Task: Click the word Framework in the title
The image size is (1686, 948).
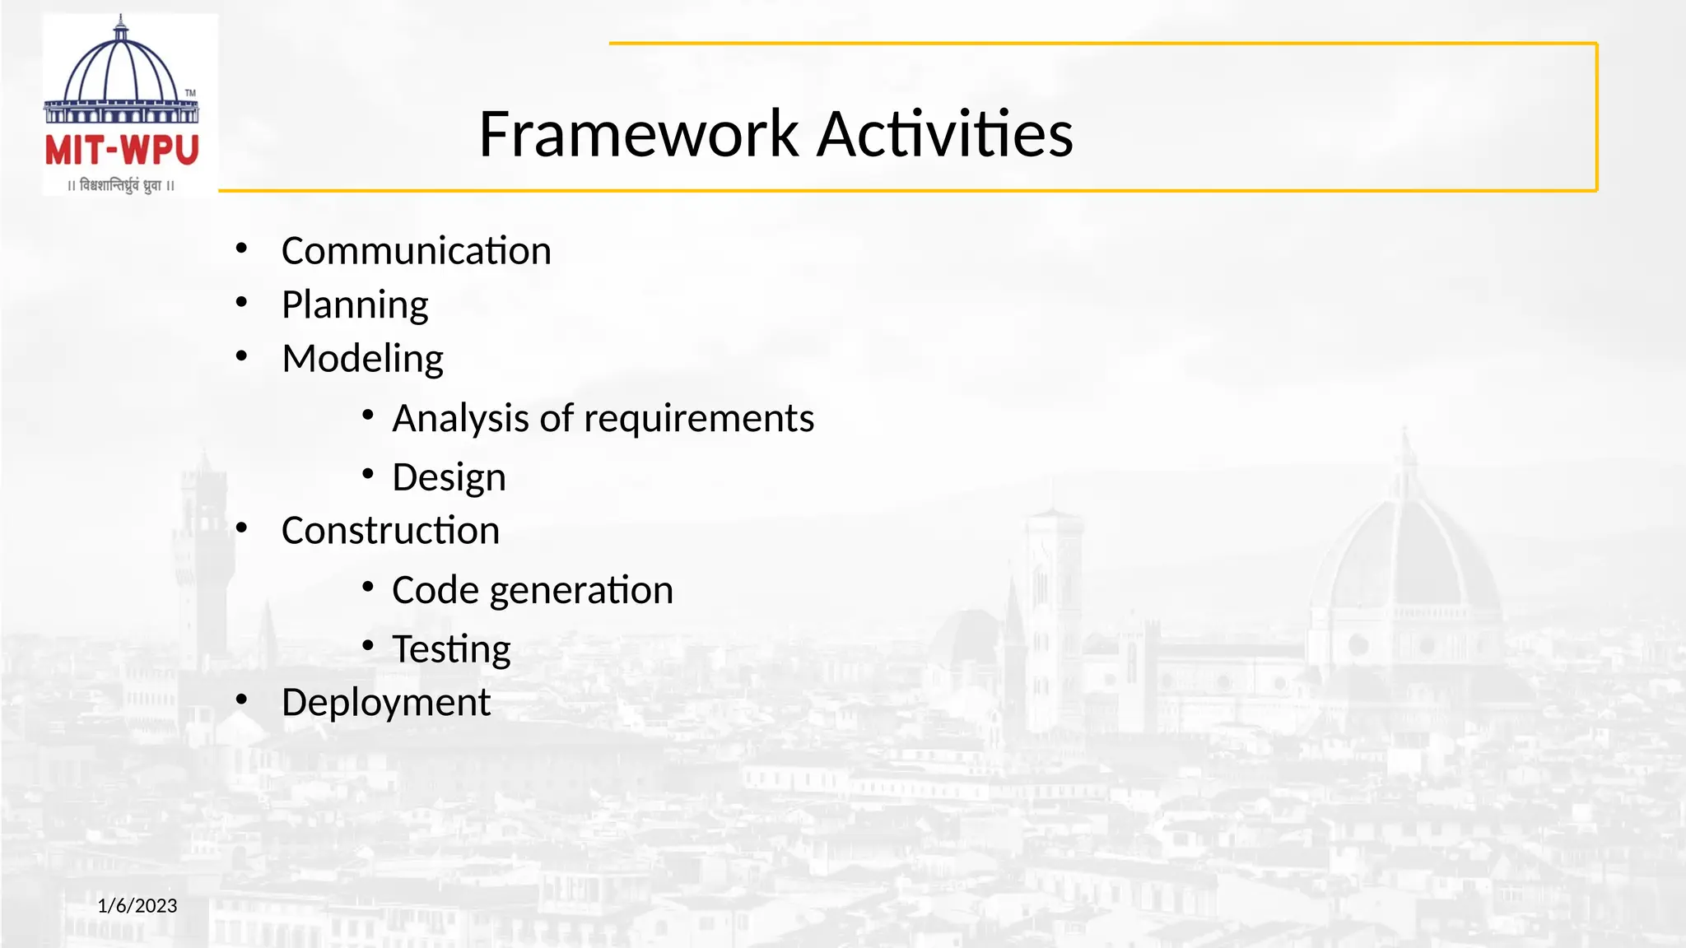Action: tap(638, 134)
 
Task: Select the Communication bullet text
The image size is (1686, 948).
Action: tap(416, 251)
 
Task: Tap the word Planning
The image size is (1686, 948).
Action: tap(355, 305)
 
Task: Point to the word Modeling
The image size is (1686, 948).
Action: tap(362, 359)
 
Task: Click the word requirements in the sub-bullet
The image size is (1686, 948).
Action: tap(699, 419)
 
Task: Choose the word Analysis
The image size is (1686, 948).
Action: tap(460, 418)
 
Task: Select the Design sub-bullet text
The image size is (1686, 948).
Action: tap(449, 478)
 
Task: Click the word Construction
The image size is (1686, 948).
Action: tap(390, 531)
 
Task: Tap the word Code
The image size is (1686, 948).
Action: tap(435, 590)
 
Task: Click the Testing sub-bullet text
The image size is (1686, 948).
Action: tap(451, 649)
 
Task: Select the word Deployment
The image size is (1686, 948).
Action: tap(385, 704)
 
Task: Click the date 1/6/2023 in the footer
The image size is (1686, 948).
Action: tap(137, 906)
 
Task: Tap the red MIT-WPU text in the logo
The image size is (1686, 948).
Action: tap(122, 151)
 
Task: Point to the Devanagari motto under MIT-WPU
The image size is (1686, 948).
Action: tap(121, 186)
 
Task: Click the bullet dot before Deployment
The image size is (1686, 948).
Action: tap(241, 699)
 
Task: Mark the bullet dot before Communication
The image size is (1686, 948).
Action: tap(241, 248)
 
